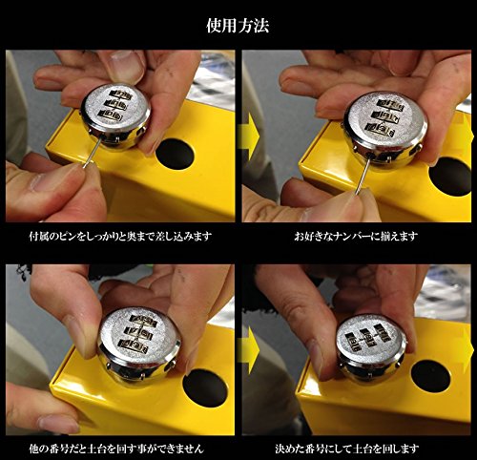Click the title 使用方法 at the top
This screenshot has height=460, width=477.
pyautogui.click(x=238, y=26)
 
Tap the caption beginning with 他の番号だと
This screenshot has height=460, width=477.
pyautogui.click(x=119, y=448)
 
